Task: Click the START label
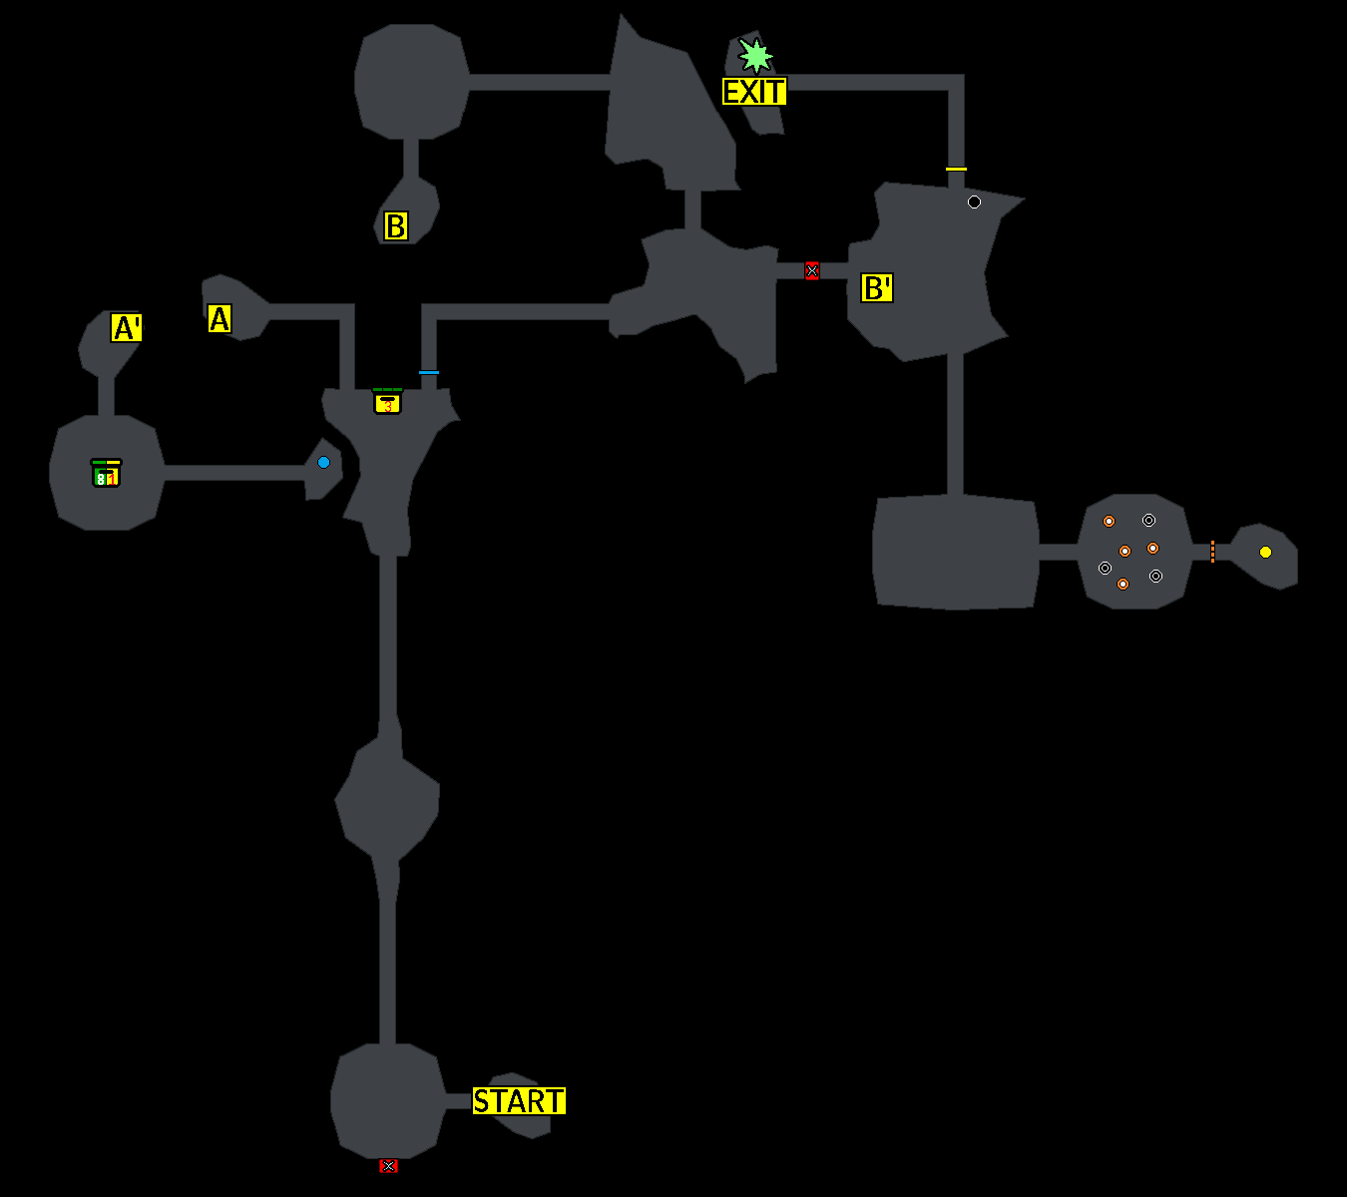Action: (x=519, y=1101)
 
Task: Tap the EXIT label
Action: (x=754, y=92)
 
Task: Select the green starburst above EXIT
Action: (x=755, y=56)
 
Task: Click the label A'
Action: (x=127, y=328)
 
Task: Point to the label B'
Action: (x=877, y=288)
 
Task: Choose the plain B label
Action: (x=396, y=226)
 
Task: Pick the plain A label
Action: (x=220, y=319)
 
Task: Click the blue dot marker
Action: (x=323, y=462)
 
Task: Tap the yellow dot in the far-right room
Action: (x=1265, y=552)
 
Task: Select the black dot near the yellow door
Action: (x=974, y=201)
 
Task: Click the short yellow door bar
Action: (x=956, y=169)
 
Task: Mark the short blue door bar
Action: (x=429, y=372)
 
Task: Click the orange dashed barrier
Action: (x=1212, y=552)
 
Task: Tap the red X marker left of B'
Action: (x=811, y=270)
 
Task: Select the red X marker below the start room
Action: (x=388, y=1166)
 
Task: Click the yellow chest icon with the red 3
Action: (x=387, y=402)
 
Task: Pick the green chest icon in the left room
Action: (x=106, y=474)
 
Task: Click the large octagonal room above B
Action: (x=411, y=82)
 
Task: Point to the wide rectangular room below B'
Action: (x=955, y=552)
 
